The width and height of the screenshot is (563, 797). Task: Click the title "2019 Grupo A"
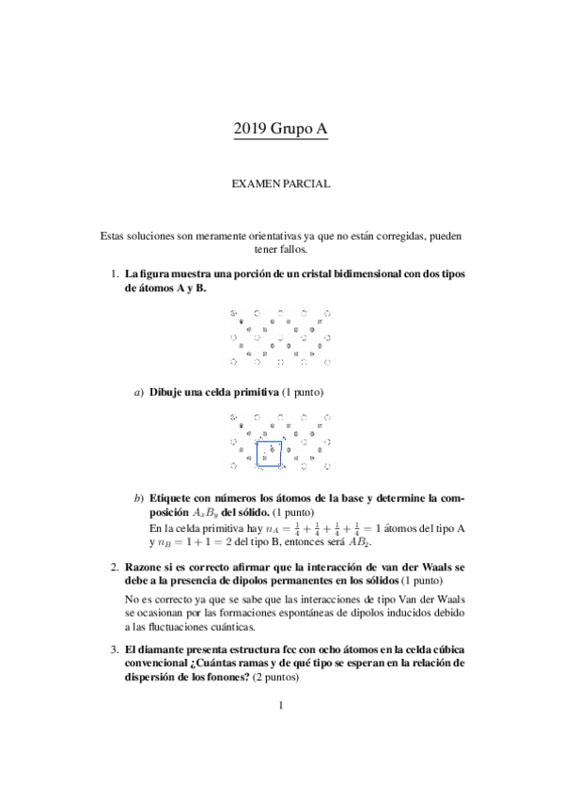[x=281, y=133]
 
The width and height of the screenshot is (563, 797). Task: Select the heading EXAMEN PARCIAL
[x=281, y=185]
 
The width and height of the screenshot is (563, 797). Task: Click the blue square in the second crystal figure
[x=270, y=452]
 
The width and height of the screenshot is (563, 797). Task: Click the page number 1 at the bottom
[x=281, y=733]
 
